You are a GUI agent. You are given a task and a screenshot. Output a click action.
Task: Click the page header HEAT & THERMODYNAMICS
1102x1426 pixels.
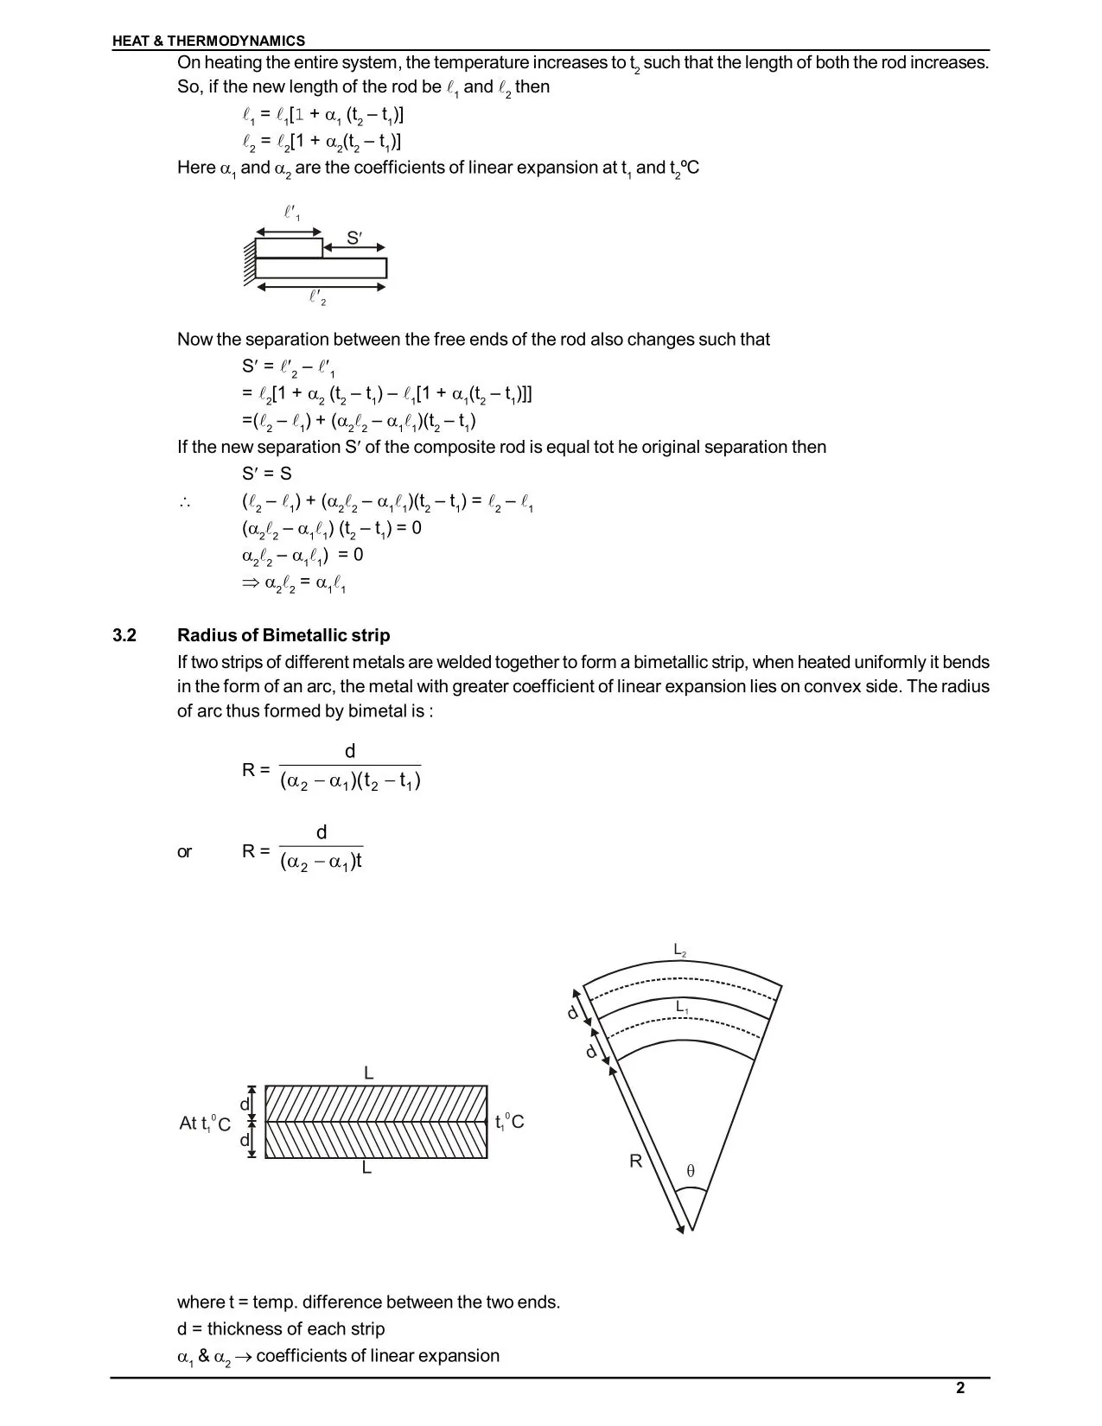pyautogui.click(x=208, y=41)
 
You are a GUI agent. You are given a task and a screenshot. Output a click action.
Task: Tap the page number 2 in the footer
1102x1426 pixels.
pyautogui.click(x=960, y=1389)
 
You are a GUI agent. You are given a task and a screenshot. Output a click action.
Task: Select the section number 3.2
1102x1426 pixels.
pyautogui.click(x=124, y=635)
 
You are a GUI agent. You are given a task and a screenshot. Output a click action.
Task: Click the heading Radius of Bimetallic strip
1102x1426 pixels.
pyautogui.click(x=283, y=635)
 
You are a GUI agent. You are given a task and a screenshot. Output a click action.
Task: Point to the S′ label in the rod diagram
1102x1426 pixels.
pyautogui.click(x=354, y=238)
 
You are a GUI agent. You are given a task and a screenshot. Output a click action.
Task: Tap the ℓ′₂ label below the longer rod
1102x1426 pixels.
pyautogui.click(x=318, y=298)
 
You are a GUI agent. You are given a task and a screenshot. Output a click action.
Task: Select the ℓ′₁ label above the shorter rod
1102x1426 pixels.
pyautogui.click(x=292, y=213)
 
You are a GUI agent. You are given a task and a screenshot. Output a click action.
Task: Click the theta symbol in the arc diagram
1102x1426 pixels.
pyautogui.click(x=690, y=1172)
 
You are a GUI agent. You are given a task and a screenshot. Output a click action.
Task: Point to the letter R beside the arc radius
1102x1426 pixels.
pyautogui.click(x=635, y=1162)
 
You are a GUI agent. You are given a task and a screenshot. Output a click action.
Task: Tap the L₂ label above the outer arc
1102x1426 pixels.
pyautogui.click(x=680, y=951)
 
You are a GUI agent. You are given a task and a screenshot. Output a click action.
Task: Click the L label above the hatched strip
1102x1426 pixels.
pyautogui.click(x=368, y=1073)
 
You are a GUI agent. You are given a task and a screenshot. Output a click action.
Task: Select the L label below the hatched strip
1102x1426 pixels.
pyautogui.click(x=367, y=1168)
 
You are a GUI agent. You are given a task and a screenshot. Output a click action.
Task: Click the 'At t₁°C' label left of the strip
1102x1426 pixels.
pyautogui.click(x=205, y=1123)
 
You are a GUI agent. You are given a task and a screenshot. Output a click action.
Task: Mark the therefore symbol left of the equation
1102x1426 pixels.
pyautogui.click(x=184, y=503)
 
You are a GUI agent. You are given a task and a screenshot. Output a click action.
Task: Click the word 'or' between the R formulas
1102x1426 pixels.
pyautogui.click(x=184, y=852)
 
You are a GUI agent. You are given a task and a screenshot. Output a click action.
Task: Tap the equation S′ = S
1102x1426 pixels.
pyautogui.click(x=267, y=474)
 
